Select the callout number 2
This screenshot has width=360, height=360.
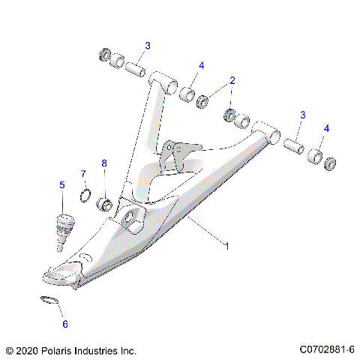232,80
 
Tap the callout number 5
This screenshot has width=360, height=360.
62,184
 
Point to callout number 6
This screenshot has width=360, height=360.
64,325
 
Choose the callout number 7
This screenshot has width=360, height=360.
84,175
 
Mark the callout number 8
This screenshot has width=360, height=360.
105,163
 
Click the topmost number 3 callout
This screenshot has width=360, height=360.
147,46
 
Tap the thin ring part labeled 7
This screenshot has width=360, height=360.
85,197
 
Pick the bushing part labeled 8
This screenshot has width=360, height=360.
106,203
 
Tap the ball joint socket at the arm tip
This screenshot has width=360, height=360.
62,274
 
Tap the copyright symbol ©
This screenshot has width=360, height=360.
9,350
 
